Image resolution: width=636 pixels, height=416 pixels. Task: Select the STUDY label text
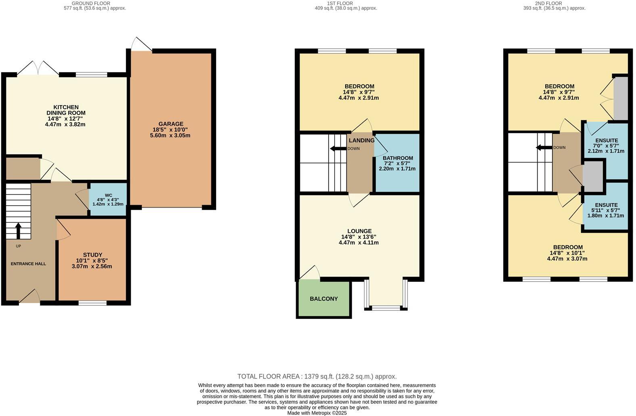point(92,255)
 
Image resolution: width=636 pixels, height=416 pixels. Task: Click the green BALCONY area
point(323,299)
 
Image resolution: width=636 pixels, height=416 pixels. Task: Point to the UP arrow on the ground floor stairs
point(18,231)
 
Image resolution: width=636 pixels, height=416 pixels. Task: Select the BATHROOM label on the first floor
point(397,158)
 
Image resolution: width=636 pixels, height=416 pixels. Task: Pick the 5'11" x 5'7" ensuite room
point(605,210)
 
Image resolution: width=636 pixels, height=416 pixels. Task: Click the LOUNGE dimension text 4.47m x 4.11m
point(359,243)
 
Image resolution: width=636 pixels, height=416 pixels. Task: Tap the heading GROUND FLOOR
point(91,3)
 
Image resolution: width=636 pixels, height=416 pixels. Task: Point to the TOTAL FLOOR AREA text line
point(317,376)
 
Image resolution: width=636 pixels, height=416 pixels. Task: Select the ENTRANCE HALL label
point(28,264)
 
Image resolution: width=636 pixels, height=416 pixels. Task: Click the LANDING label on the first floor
point(361,140)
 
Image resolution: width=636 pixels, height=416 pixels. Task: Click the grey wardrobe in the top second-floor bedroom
point(621,98)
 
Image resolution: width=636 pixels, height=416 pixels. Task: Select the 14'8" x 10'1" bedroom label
point(567,247)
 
